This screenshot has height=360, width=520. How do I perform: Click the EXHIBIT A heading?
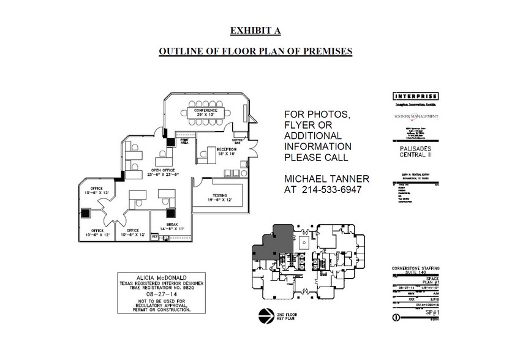[255, 30]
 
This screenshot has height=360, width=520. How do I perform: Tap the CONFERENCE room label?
[206, 111]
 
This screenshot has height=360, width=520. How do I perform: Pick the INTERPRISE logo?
[415, 96]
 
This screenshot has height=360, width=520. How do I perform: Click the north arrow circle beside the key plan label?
[265, 316]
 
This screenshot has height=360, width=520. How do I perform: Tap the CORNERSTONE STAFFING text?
[416, 269]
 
